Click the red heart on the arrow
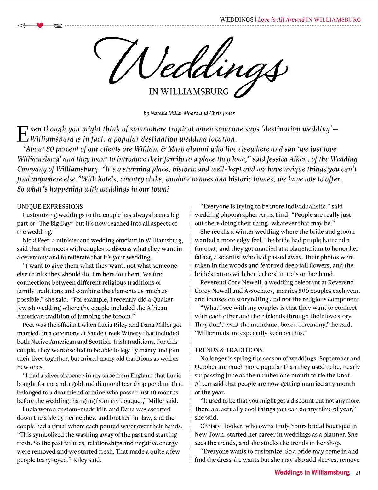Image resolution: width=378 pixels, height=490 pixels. coord(40,25)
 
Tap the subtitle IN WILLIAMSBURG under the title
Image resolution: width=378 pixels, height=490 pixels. coord(189,92)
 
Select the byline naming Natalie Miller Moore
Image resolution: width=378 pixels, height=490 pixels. coord(189,113)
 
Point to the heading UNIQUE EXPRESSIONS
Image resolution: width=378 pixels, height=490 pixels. coord(50,207)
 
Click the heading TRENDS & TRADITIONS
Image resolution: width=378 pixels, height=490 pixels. coord(228,350)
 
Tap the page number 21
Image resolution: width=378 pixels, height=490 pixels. coord(358,472)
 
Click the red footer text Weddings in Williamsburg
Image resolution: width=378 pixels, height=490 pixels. coord(312,472)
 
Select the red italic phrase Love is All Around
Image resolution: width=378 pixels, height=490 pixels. coord(281,19)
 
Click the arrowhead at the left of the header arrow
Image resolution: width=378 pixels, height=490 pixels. coord(21,25)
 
